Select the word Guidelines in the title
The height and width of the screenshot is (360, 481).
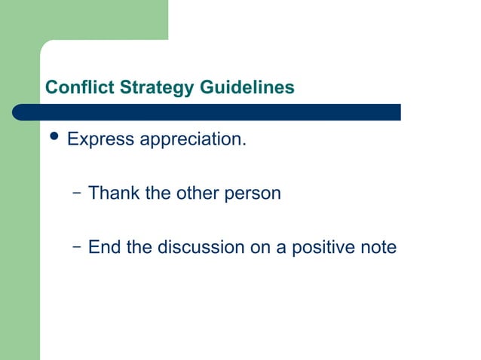pyautogui.click(x=247, y=88)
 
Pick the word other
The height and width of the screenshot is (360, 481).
pyautogui.click(x=196, y=194)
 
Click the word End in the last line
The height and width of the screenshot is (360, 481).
pyautogui.click(x=104, y=247)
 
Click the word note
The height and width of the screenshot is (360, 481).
pyautogui.click(x=378, y=247)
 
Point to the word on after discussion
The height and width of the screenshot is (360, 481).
pyautogui.click(x=259, y=247)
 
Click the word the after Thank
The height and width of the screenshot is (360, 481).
pyautogui.click(x=158, y=194)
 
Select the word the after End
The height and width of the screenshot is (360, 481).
pyautogui.click(x=139, y=247)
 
